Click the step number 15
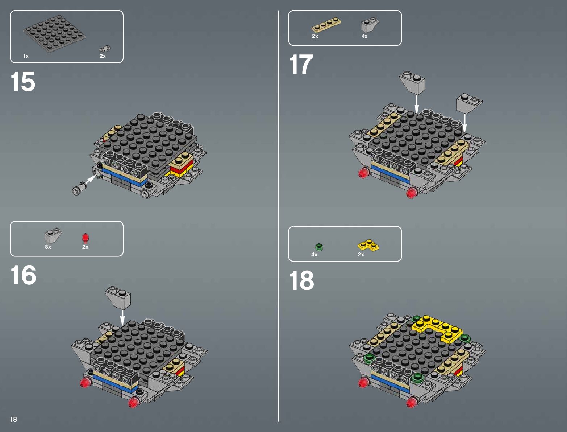(23, 82)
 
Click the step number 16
(23, 275)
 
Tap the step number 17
(301, 64)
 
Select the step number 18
(301, 280)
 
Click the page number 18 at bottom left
(14, 419)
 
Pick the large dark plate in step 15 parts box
(54, 33)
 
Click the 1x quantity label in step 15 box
(26, 56)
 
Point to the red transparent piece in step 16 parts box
(85, 238)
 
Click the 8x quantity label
(48, 247)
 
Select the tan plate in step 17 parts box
(326, 25)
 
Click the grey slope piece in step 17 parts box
(370, 25)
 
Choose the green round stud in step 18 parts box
(319, 247)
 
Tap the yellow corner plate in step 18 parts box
(368, 245)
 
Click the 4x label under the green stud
(314, 255)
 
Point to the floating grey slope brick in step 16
(118, 297)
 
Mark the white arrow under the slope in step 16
(122, 318)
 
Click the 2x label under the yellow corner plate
(361, 255)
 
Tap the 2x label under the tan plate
(315, 36)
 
